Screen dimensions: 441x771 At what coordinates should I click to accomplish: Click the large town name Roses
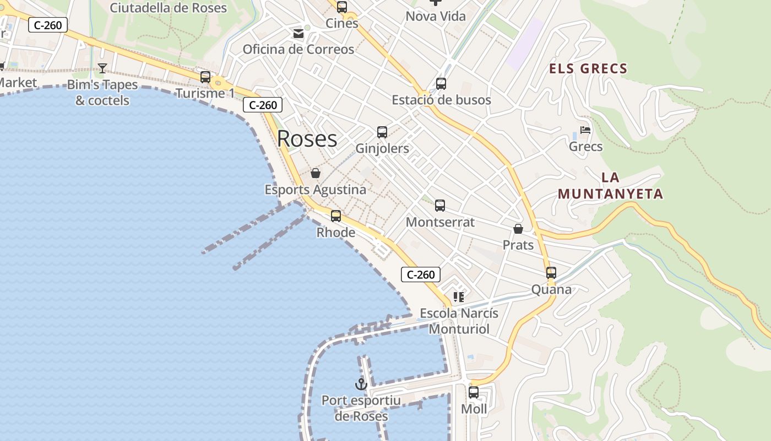pos(307,139)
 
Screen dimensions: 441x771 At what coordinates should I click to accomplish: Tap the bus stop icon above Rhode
pos(336,216)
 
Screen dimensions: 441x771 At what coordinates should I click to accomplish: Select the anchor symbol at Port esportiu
pos(361,384)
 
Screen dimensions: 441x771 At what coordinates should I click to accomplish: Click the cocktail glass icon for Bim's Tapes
pos(102,68)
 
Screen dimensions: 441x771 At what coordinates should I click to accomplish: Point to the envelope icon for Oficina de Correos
pos(298,34)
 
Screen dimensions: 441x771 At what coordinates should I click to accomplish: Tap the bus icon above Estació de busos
pos(441,84)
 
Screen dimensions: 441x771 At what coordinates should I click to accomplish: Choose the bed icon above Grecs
pos(585,131)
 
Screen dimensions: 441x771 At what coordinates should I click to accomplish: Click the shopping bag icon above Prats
pos(518,228)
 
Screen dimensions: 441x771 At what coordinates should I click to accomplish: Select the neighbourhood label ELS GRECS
pos(588,69)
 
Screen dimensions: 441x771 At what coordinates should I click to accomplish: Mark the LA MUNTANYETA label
pos(611,186)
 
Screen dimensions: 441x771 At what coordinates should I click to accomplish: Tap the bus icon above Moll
pos(474,392)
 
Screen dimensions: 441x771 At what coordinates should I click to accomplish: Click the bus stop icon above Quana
pos(551,272)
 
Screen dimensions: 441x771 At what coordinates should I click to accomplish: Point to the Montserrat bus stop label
pos(440,222)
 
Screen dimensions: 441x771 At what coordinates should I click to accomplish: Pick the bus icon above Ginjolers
pos(382,132)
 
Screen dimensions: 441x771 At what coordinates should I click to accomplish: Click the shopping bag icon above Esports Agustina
pos(316,174)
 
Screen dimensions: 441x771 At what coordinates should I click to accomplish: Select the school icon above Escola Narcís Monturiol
pos(459,297)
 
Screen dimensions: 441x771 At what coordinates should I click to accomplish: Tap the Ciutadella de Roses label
pos(169,8)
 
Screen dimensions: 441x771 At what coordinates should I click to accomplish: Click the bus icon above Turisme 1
pos(205,77)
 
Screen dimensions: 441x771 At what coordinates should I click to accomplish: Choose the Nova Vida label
pos(436,17)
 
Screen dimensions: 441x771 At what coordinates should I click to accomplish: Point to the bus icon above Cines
pos(342,7)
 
